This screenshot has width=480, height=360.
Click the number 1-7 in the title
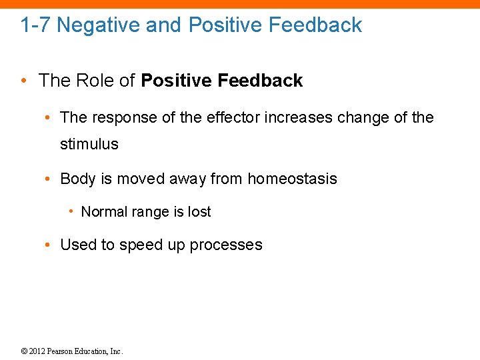pyautogui.click(x=35, y=25)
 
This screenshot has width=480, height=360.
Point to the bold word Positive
pyautogui.click(x=175, y=81)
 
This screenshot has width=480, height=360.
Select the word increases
pyautogui.click(x=297, y=118)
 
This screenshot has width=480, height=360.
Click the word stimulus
pyautogui.click(x=89, y=144)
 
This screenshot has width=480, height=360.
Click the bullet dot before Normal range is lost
pyautogui.click(x=70, y=212)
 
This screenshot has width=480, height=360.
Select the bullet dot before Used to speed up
pyautogui.click(x=49, y=245)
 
